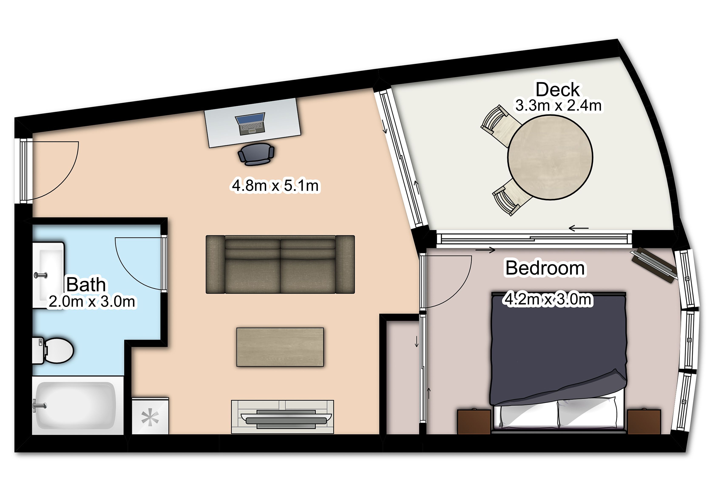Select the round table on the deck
[550, 157]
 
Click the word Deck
[558, 90]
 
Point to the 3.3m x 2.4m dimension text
[558, 106]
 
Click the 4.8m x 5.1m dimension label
[275, 185]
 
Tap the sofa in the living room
[280, 265]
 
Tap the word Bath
[86, 285]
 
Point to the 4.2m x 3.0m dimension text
[548, 299]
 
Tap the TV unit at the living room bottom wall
[282, 417]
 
